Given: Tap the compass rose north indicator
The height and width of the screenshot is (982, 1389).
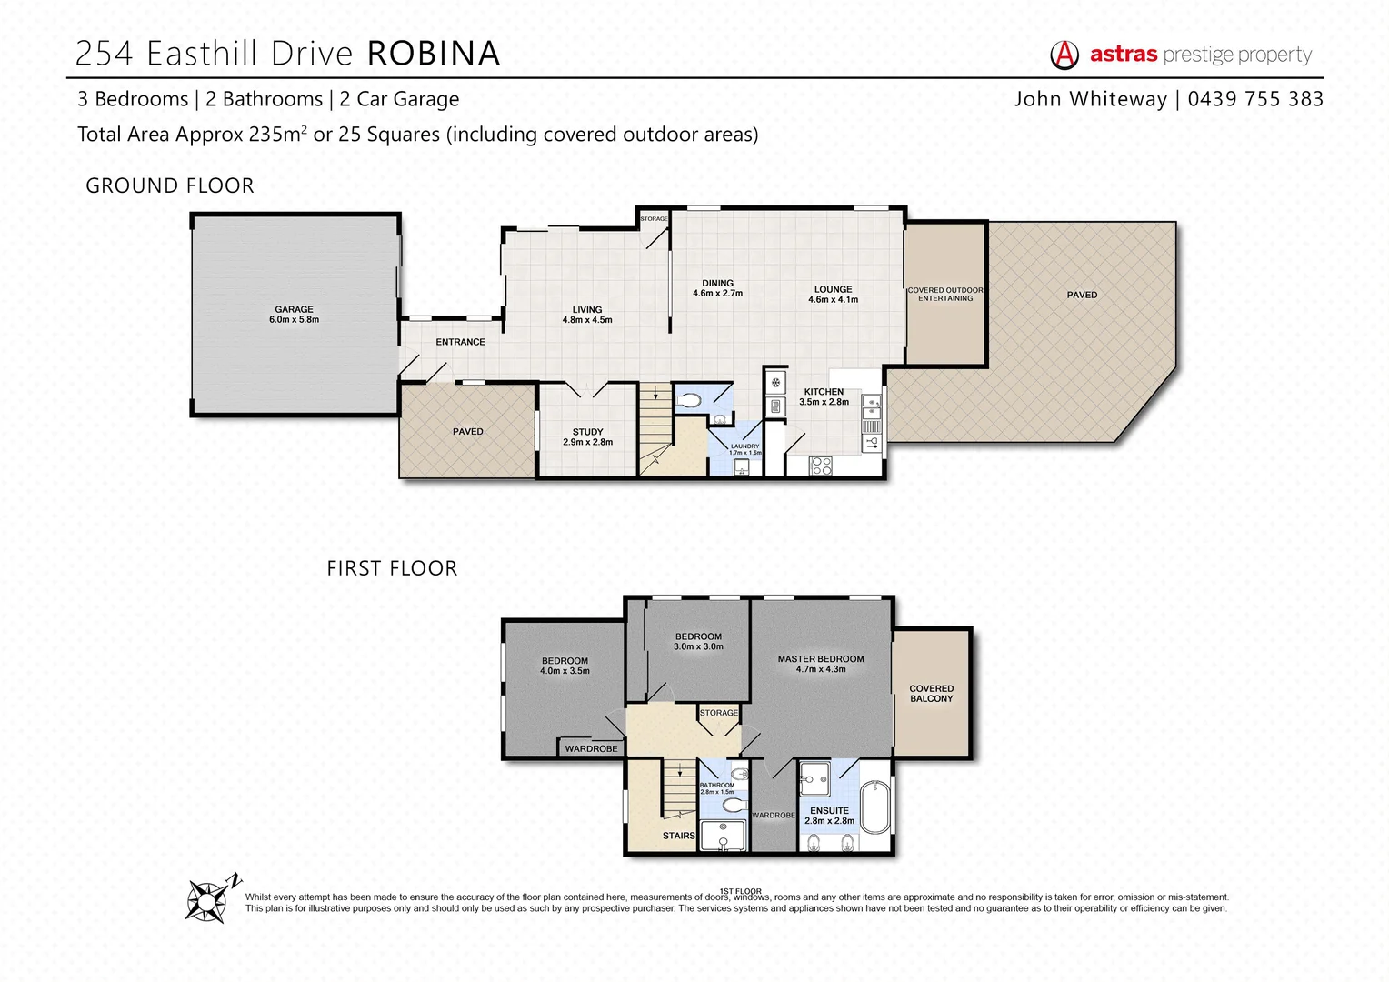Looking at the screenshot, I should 210,900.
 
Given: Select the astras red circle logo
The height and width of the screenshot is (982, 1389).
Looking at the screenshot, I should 1064,55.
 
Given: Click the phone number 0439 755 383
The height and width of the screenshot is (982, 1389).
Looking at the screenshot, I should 1255,99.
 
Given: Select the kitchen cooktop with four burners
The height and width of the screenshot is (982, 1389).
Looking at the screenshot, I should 821,466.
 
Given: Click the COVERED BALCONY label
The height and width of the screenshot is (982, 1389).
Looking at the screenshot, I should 932,694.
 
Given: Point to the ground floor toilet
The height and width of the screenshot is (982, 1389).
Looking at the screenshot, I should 690,400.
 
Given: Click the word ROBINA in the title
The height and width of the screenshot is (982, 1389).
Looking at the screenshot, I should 434,54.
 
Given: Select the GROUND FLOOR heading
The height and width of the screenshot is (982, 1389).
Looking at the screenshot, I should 170,185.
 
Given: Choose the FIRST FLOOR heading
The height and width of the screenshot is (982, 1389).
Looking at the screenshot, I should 392,568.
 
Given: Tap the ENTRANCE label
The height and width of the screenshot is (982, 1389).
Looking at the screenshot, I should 460,342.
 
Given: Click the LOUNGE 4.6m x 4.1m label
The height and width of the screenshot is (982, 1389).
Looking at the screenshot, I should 833,294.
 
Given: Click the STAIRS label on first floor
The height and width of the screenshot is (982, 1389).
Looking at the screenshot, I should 678,836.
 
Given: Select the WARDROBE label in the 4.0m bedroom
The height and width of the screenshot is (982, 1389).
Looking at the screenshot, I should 591,748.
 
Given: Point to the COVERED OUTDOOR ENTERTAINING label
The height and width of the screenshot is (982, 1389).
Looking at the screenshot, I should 945,294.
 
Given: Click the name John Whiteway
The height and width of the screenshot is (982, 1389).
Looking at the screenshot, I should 1090,99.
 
